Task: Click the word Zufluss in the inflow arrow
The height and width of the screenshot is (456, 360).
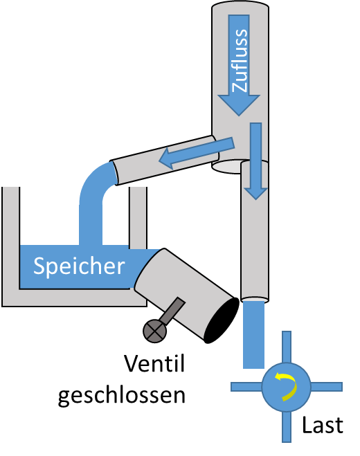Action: pos(240,60)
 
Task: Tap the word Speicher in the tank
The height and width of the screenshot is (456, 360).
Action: pos(79,266)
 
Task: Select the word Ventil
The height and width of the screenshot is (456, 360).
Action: pos(154,363)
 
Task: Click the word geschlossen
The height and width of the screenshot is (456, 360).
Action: pos(122,396)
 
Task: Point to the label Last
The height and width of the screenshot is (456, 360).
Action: pos(323,426)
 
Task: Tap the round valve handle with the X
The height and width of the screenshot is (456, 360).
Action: pos(155,331)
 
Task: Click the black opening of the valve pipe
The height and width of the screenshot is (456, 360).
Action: pos(221,320)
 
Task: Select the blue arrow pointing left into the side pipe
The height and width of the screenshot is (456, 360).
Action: pos(197,153)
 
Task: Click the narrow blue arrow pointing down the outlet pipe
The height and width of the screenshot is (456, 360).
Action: pos(255,161)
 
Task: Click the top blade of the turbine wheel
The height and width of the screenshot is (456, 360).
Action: pos(287,347)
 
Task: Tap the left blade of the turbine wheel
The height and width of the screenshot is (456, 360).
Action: pos(246,387)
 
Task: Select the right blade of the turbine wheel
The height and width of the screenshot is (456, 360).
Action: pos(327,387)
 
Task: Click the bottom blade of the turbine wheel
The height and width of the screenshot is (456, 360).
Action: pos(287,427)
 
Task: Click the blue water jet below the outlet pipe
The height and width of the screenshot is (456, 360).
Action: pos(254,334)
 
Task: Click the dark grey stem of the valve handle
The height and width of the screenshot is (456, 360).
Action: pos(173,311)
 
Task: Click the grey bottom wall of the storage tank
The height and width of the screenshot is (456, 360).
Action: pos(74,298)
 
